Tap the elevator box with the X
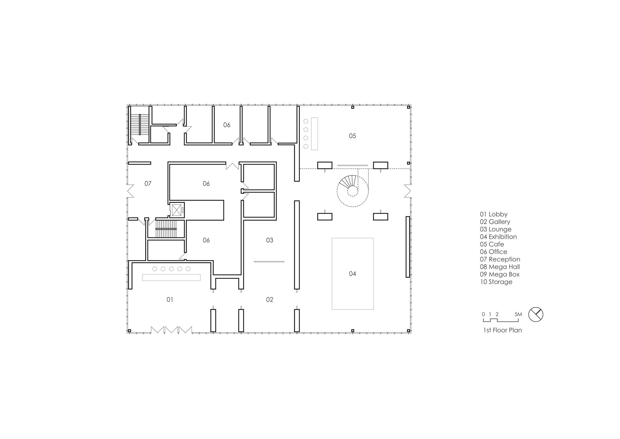point(176,210)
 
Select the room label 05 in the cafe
point(352,136)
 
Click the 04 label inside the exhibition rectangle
point(352,274)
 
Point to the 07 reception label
point(148,184)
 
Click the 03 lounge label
point(269,240)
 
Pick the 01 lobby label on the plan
point(170,300)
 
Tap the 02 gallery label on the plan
point(269,300)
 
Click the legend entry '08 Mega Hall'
point(500,267)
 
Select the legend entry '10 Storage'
point(496,282)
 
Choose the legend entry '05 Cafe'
point(492,244)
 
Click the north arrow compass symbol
point(536,315)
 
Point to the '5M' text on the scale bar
point(518,314)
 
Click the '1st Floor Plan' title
point(503,330)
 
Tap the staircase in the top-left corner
point(140,124)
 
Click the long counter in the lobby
point(171,278)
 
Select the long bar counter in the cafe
point(314,134)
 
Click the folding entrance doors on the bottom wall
point(171,330)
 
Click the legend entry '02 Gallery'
point(495,222)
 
